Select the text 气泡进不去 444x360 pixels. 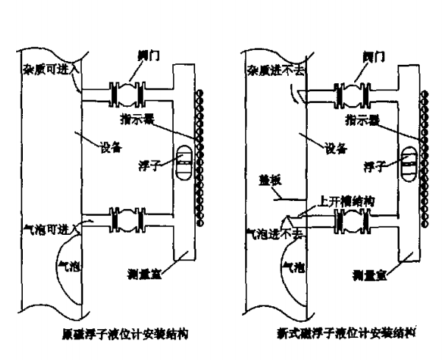pos(272,230)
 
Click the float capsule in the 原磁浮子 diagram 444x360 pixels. pos(185,160)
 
